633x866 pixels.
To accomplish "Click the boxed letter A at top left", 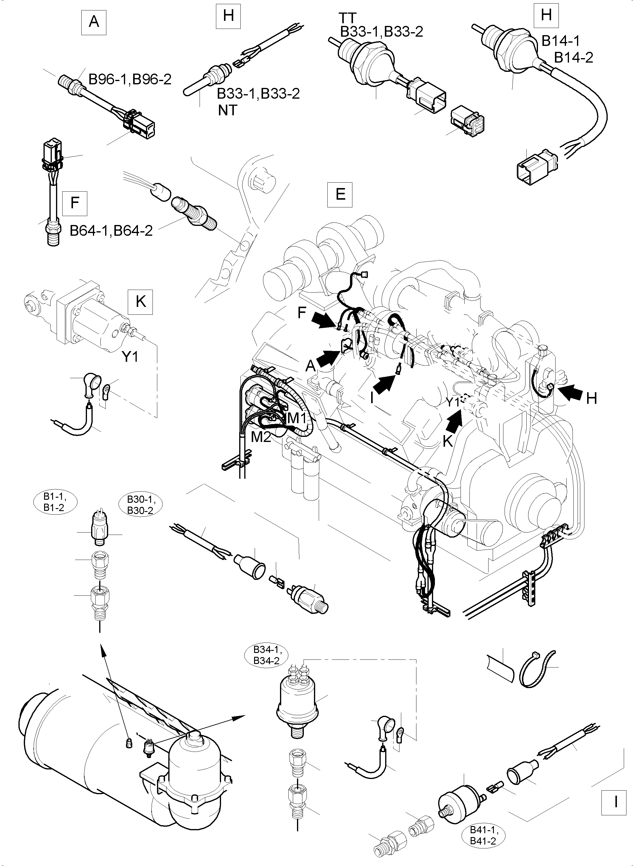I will point(94,22).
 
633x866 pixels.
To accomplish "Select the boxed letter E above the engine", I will point(340,194).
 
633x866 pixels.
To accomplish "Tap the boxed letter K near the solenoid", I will point(141,302).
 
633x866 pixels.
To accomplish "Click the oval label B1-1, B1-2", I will point(55,502).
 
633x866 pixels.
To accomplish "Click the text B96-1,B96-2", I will point(130,79).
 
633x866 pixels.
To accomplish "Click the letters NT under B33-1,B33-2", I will point(228,110).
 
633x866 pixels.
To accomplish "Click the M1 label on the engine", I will point(296,418).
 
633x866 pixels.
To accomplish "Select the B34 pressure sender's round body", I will point(300,702).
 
